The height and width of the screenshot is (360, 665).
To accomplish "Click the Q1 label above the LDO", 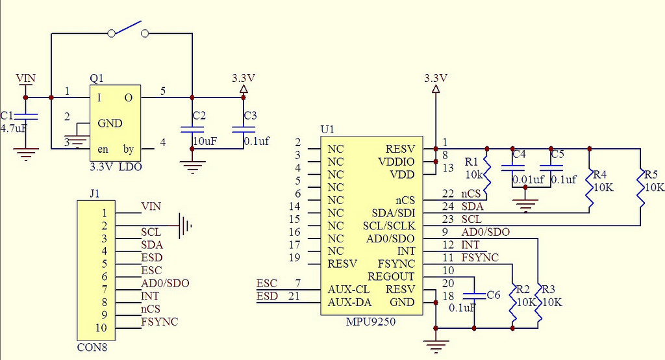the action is coord(97,78).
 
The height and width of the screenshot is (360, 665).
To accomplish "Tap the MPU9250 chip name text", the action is coord(371,322).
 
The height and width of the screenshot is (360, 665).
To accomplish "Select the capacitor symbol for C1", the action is coord(26,116).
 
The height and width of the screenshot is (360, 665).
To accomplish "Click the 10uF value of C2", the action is coord(205,141).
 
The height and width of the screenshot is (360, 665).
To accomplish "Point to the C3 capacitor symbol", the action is coord(244,129).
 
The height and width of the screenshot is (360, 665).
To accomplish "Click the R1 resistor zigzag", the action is coord(487,174).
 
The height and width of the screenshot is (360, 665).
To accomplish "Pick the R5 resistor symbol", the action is coord(640,186).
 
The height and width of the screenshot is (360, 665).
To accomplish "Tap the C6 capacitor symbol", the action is coord(474,295).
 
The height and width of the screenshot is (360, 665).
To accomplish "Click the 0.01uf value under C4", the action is coord(528,179).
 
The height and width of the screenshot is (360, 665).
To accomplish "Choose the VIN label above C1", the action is coord(26,79).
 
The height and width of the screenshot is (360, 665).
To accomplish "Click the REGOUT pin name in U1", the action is coord(391,277).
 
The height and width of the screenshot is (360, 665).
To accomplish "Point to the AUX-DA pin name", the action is coord(349,302).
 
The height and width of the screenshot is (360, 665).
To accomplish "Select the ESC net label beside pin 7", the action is coord(267,283).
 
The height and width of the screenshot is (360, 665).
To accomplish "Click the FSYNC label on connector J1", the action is coord(160,322).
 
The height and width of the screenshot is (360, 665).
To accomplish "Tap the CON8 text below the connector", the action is coord(92,347).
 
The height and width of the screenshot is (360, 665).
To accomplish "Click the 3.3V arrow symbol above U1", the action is coord(435,89).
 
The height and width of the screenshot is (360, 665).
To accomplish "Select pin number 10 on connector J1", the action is coord(101,328).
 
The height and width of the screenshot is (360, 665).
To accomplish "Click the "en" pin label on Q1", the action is coord(103,149).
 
